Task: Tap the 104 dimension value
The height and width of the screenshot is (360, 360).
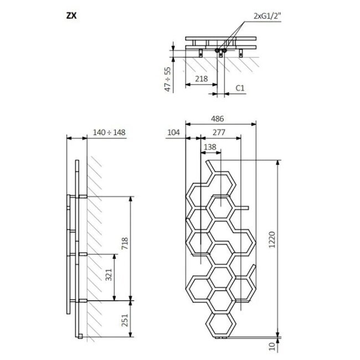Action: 173,132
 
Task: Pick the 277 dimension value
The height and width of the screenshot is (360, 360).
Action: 218,132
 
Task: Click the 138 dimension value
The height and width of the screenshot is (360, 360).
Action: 210,146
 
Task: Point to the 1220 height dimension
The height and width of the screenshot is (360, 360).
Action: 272,248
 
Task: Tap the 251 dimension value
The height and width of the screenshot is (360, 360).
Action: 125,320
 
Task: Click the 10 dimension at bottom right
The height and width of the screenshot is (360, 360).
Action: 272,346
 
